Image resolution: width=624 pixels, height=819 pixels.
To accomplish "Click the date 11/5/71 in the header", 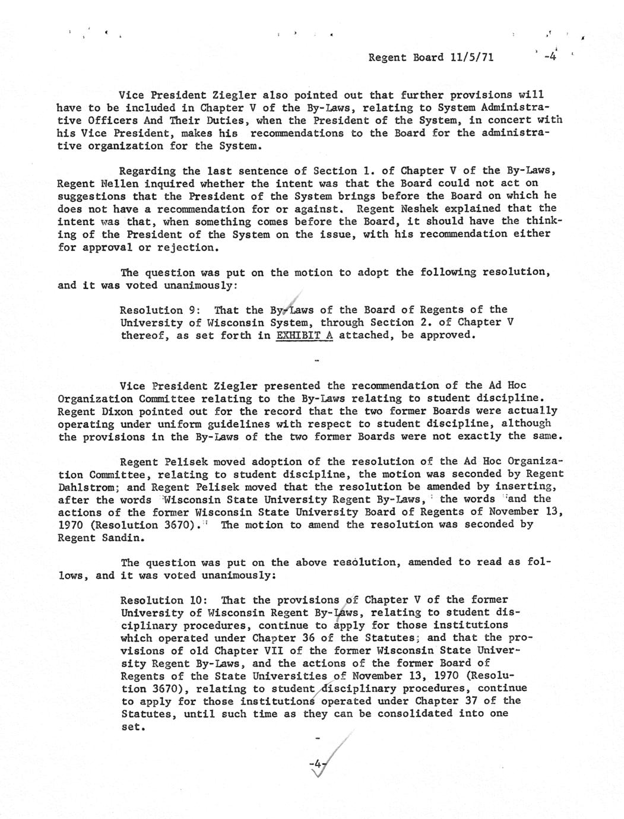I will tap(470, 58).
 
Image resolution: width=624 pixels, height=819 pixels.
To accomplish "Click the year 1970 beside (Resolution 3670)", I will tap(74, 525).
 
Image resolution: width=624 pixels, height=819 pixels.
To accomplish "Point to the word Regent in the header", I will tap(388, 58).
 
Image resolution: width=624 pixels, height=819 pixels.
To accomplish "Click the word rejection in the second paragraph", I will tap(177, 247).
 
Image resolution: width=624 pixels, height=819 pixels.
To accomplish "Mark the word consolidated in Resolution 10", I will tap(418, 713).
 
